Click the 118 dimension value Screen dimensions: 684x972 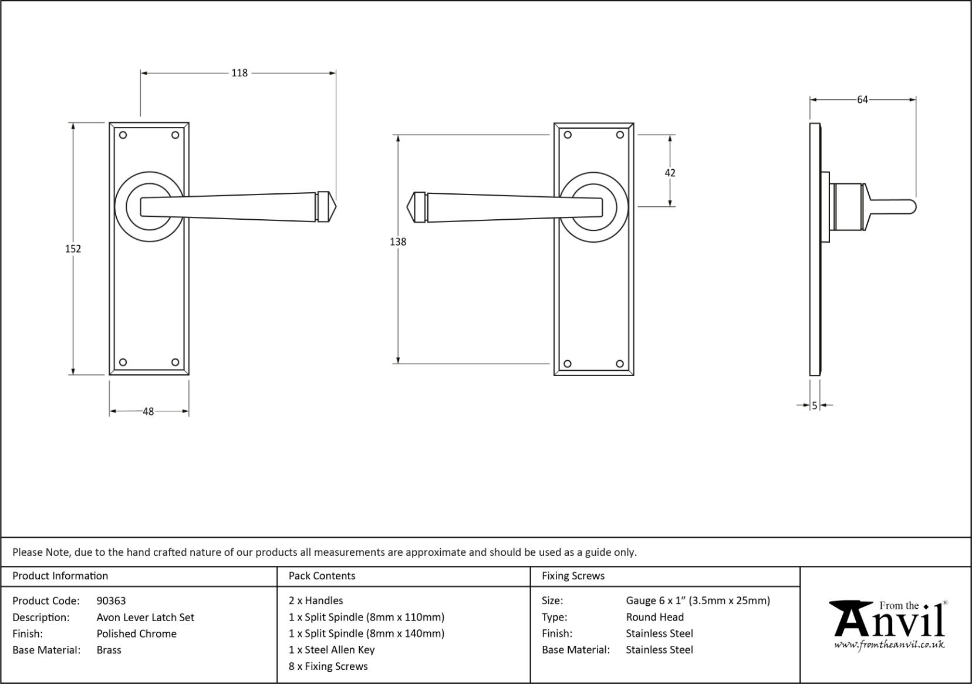[x=239, y=73]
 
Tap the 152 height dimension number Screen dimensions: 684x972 [x=73, y=249]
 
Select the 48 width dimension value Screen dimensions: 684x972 [x=148, y=411]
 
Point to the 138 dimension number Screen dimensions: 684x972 [x=398, y=242]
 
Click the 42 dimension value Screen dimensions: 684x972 [x=670, y=173]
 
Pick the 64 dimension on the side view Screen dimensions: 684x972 [x=862, y=100]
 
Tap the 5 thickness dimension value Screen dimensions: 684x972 [x=815, y=405]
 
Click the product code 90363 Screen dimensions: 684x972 [x=111, y=601]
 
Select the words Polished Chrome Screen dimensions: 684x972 [x=136, y=633]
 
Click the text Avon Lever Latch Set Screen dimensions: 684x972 [x=145, y=617]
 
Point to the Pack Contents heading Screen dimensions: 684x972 [x=322, y=576]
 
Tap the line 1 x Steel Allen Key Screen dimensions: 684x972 [x=331, y=649]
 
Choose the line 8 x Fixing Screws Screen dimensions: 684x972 [x=328, y=666]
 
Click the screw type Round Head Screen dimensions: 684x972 [x=654, y=617]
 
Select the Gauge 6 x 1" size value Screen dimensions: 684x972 [x=697, y=601]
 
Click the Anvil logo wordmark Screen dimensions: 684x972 [x=889, y=621]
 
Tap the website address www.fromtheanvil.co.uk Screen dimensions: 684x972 [x=889, y=645]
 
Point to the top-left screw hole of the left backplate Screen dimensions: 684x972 [x=123, y=135]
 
